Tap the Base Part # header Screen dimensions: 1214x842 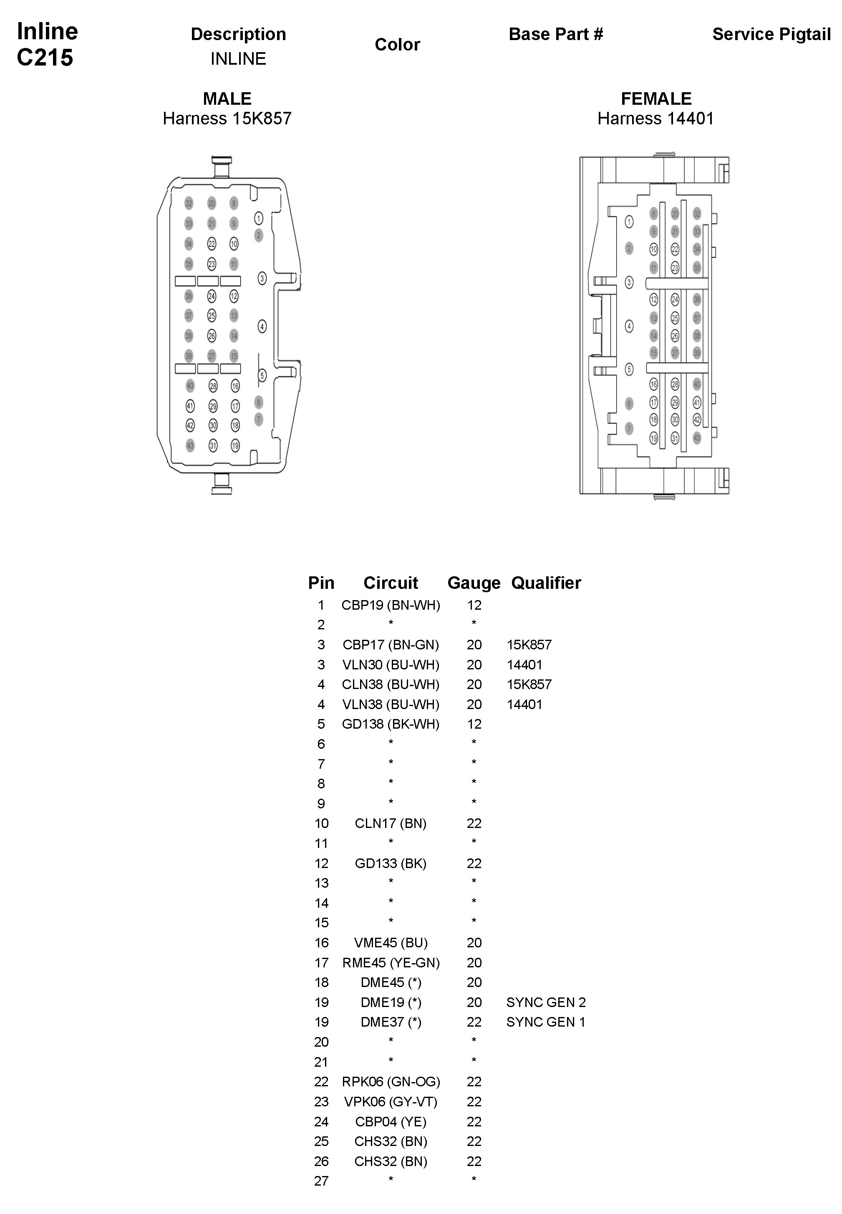(555, 34)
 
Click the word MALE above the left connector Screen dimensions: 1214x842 (227, 98)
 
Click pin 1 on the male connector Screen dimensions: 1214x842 (259, 218)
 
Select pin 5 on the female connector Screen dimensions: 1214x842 (629, 369)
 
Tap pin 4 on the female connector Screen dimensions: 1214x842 (629, 326)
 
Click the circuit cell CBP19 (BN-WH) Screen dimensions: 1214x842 (391, 605)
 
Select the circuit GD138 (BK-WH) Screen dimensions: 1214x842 (391, 724)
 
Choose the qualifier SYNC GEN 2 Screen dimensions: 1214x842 (546, 1002)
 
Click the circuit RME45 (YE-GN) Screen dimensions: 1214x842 (391, 963)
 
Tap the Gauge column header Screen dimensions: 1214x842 (474, 583)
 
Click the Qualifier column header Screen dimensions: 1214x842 (546, 583)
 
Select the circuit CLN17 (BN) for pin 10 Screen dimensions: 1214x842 (391, 823)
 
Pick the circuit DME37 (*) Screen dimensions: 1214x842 (391, 1022)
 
